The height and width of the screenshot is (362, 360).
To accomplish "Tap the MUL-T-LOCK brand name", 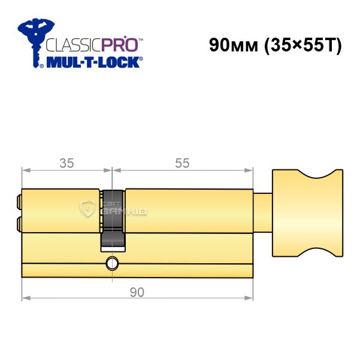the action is (93, 62).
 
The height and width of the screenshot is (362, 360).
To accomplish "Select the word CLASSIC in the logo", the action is (74, 45).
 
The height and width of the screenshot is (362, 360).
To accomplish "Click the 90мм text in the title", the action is (234, 45).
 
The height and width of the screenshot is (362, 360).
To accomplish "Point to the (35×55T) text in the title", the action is (303, 45).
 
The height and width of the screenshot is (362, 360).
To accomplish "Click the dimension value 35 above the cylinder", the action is (66, 163).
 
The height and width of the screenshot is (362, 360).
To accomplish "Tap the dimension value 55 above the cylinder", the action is (182, 163).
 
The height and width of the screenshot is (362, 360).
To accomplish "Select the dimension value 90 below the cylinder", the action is (137, 292).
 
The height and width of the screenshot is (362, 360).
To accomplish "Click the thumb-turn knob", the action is (307, 213).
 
